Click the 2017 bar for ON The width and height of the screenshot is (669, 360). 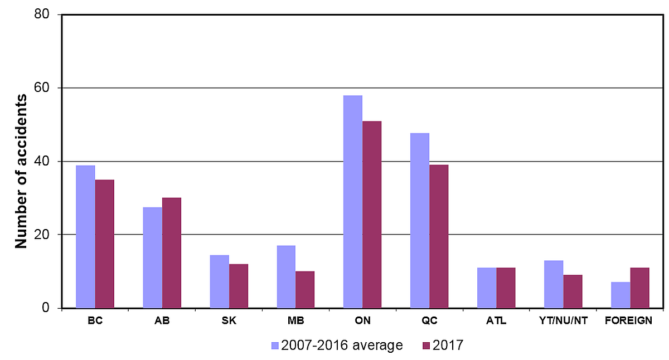click(372, 215)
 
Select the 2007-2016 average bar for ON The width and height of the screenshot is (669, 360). click(353, 202)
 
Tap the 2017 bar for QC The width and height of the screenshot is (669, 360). click(439, 236)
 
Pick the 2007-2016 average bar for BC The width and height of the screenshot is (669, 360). click(85, 237)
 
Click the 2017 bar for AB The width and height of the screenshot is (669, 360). click(172, 252)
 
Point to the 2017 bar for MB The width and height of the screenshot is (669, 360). click(305, 289)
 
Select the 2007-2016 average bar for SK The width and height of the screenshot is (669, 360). click(219, 281)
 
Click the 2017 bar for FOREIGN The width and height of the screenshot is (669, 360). click(639, 288)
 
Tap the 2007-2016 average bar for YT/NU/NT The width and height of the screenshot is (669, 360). click(554, 284)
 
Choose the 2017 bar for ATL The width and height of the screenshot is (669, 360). click(506, 288)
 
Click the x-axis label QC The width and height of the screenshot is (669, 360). click(429, 321)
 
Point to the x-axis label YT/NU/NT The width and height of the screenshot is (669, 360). click(563, 321)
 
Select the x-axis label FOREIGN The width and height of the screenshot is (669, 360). click(630, 321)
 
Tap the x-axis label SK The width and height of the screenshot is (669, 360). click(229, 321)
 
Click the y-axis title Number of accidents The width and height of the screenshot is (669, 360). click(21, 171)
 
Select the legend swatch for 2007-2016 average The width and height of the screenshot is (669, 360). click(275, 346)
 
